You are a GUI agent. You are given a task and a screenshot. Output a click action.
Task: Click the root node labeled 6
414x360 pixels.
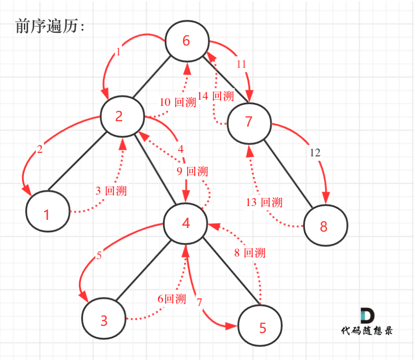pyautogui.click(x=187, y=41)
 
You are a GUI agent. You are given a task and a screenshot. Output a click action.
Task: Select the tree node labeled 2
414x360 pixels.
pyautogui.click(x=122, y=116)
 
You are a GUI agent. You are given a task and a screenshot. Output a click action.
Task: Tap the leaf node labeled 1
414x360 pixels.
pyautogui.click(x=48, y=211)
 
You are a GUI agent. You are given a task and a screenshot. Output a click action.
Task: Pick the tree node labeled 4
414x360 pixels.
pyautogui.click(x=185, y=223)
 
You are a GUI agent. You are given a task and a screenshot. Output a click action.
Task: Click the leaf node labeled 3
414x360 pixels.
pyautogui.click(x=104, y=319)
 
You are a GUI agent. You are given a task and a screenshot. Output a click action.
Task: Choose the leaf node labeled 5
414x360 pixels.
pyautogui.click(x=260, y=325)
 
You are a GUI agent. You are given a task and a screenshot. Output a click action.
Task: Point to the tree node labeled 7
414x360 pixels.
pyautogui.click(x=249, y=123)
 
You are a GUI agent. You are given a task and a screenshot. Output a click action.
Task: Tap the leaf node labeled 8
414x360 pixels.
pyautogui.click(x=326, y=225)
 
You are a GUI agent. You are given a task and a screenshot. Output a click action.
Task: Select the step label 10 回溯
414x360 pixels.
pyautogui.click(x=178, y=102)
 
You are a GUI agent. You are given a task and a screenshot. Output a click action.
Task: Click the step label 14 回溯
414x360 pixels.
pyautogui.click(x=216, y=96)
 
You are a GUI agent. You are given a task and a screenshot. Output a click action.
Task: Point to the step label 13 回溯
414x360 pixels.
pyautogui.click(x=264, y=202)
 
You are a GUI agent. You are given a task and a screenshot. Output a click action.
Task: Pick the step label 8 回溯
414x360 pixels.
pyautogui.click(x=250, y=253)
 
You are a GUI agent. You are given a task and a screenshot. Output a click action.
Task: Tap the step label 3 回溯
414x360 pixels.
pyautogui.click(x=111, y=191)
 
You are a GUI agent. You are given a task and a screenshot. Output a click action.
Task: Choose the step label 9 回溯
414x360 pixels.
pyautogui.click(x=192, y=171)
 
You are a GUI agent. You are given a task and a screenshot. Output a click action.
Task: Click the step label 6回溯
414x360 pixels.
pyautogui.click(x=172, y=299)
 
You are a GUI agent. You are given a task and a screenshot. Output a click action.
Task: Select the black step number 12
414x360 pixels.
pyautogui.click(x=315, y=153)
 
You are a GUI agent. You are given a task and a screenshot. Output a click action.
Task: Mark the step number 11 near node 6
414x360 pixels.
pyautogui.click(x=241, y=64)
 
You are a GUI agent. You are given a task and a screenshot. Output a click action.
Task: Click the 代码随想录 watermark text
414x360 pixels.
pyautogui.click(x=367, y=330)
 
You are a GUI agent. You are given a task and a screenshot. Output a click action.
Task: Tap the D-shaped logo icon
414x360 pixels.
pyautogui.click(x=367, y=315)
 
